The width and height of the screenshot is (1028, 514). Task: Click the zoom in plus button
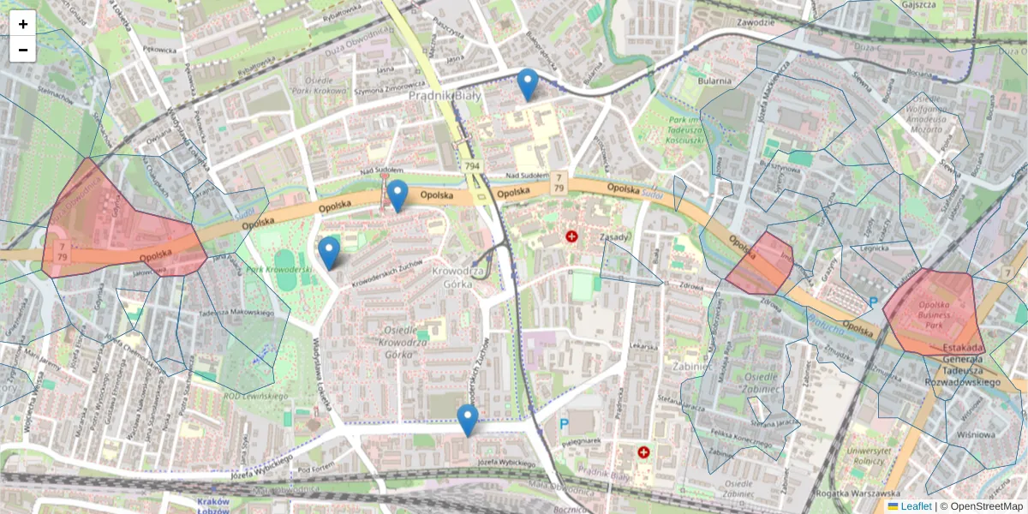coord(23,24)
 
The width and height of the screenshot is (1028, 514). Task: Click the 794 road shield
coord(471,165)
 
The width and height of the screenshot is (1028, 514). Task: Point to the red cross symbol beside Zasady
coord(572,236)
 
